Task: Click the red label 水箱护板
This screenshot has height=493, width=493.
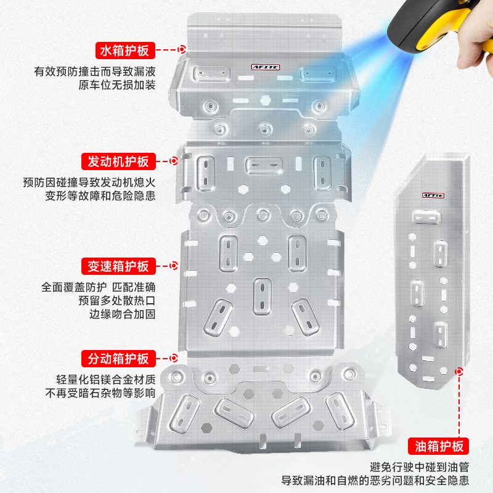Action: point(123,50)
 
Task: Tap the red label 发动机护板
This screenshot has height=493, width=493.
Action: point(116,162)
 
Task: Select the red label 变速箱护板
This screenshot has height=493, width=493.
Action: point(116,267)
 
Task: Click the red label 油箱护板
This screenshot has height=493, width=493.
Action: point(439,446)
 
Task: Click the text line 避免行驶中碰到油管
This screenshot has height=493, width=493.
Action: point(420,467)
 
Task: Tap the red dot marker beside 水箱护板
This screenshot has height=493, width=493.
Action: point(182,49)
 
